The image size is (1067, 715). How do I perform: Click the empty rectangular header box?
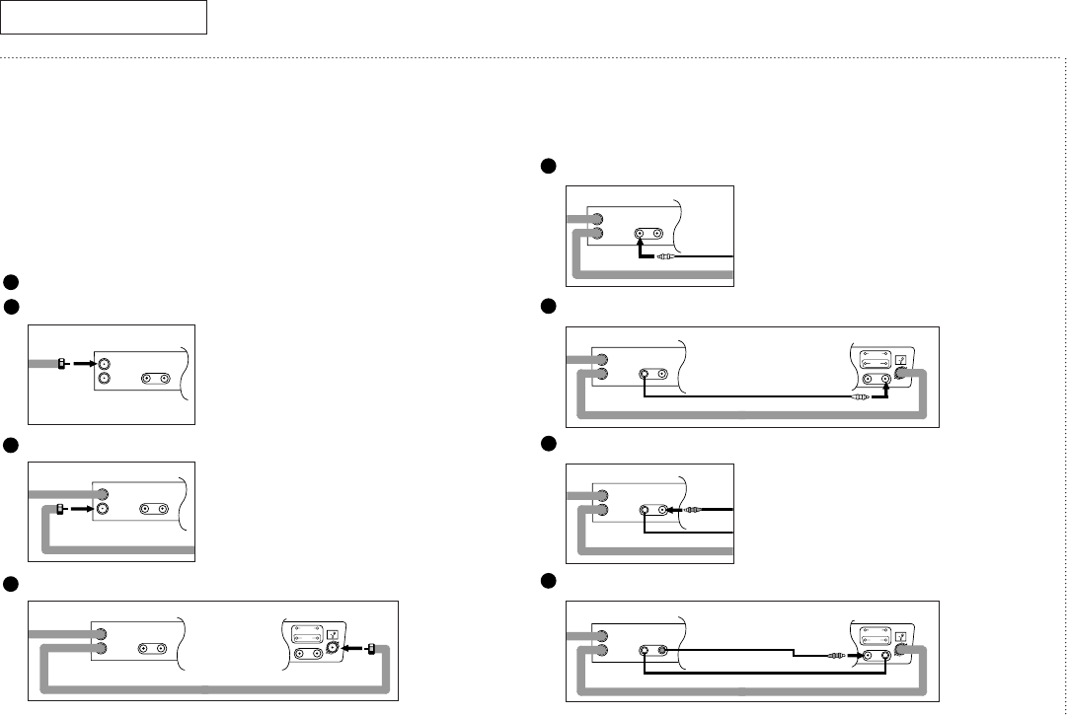103,17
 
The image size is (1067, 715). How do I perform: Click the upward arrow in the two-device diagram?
887,393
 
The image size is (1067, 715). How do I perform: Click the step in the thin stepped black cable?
794,655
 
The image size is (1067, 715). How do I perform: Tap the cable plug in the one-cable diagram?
61,363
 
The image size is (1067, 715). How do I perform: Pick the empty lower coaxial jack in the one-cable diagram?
101,379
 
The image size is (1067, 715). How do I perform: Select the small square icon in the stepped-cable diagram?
899,632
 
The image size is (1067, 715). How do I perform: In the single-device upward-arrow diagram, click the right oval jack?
656,237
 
